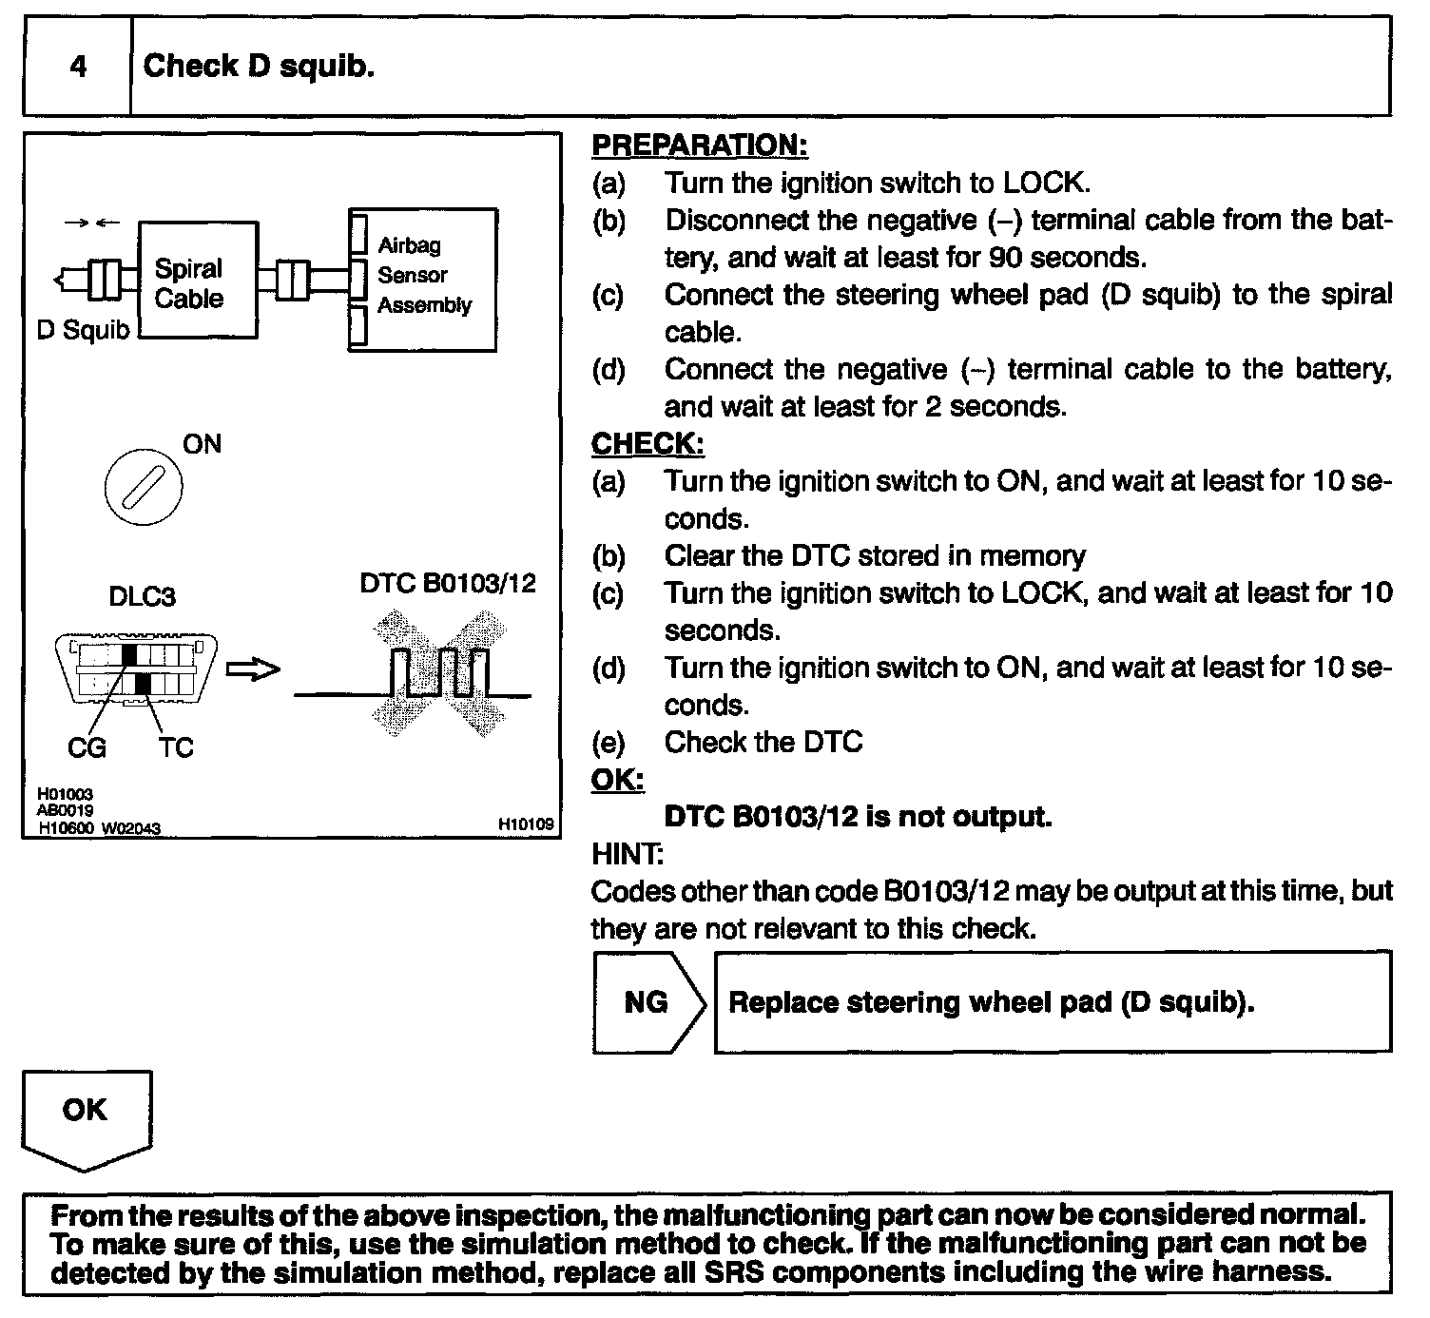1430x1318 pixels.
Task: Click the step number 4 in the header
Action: point(78,67)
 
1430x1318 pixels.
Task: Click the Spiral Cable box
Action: point(197,280)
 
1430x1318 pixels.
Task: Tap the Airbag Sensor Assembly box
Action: point(422,280)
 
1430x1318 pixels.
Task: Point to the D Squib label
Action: point(83,330)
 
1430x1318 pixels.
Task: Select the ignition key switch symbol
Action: point(143,487)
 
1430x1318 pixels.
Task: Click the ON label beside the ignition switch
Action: point(201,444)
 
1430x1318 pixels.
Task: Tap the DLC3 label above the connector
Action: point(143,596)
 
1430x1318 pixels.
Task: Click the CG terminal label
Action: point(87,748)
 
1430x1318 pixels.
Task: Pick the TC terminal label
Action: point(176,748)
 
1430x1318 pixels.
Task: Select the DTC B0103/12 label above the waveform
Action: point(448,583)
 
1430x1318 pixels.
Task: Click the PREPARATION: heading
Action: point(699,145)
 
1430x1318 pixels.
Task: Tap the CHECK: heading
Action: point(647,444)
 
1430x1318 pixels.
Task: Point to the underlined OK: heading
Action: point(617,780)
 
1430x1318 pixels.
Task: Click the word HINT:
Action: point(627,854)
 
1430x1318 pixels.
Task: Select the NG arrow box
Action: point(647,1002)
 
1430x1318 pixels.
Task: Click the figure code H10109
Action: point(526,824)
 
